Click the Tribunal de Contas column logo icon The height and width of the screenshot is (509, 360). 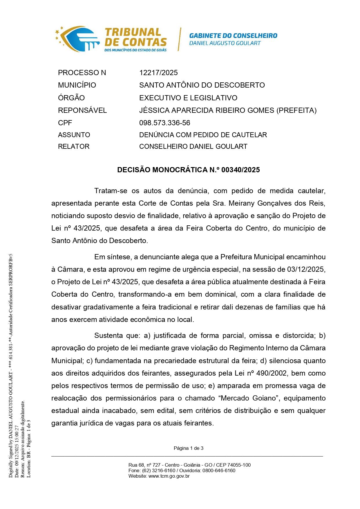(78, 39)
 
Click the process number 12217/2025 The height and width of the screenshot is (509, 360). (158, 73)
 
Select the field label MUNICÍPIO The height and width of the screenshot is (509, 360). (77, 85)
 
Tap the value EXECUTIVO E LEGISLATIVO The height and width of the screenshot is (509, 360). (188, 98)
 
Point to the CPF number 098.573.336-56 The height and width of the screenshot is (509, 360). (164, 123)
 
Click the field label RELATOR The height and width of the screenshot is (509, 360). (74, 146)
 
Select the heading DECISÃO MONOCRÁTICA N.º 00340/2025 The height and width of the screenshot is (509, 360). (188, 170)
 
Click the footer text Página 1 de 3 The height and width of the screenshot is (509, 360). (188, 448)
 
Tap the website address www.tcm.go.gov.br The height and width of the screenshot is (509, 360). (169, 476)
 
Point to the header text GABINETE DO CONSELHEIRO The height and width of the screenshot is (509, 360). (233, 36)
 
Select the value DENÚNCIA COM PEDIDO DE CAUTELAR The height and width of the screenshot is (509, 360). (203, 135)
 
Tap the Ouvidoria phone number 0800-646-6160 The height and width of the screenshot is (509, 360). (219, 470)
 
